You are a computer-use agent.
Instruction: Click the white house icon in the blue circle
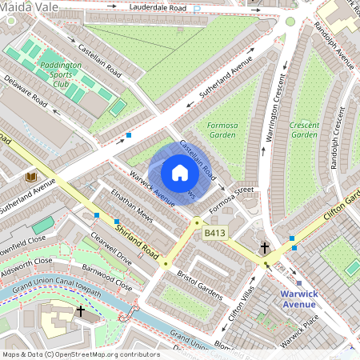tap(180, 173)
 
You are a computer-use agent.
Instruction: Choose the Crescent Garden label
tap(304, 130)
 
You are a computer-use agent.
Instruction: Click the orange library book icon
tap(31, 176)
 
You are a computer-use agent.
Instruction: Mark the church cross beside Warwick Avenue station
tap(265, 249)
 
